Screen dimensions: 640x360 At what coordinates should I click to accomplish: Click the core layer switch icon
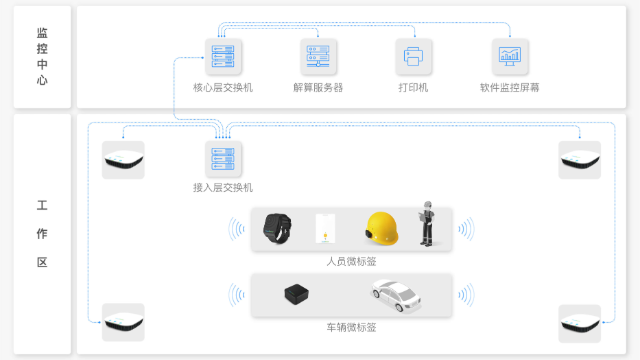pyautogui.click(x=222, y=56)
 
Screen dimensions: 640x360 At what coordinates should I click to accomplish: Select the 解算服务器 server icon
pyautogui.click(x=318, y=56)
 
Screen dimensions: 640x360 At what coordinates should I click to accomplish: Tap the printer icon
pyautogui.click(x=413, y=56)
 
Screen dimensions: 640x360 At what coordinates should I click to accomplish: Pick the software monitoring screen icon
pyautogui.click(x=509, y=56)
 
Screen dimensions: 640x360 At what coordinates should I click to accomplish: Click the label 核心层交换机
pyautogui.click(x=222, y=88)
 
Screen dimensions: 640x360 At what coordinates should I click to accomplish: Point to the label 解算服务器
pyautogui.click(x=318, y=88)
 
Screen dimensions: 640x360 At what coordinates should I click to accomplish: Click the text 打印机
pyautogui.click(x=413, y=88)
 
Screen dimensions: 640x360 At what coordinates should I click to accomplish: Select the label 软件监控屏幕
pyautogui.click(x=509, y=88)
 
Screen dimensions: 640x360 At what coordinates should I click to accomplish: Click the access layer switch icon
pyautogui.click(x=222, y=158)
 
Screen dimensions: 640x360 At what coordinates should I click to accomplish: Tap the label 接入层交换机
pyautogui.click(x=222, y=187)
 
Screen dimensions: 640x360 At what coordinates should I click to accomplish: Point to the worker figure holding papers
pyautogui.click(x=428, y=224)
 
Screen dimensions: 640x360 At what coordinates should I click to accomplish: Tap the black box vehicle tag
pyautogui.click(x=298, y=294)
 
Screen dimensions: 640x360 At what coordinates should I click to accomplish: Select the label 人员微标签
pyautogui.click(x=351, y=262)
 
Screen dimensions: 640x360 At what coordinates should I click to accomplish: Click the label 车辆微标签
pyautogui.click(x=351, y=327)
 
